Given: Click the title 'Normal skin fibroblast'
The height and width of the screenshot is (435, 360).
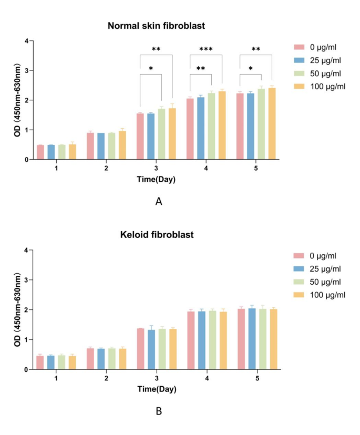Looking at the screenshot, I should click(x=156, y=25).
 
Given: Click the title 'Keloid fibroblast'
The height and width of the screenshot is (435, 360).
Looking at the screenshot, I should click(x=156, y=235).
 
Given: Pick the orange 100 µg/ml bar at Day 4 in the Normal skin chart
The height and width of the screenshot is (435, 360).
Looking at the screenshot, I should click(x=222, y=125).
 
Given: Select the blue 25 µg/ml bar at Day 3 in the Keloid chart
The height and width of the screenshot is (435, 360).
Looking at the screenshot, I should click(x=151, y=350).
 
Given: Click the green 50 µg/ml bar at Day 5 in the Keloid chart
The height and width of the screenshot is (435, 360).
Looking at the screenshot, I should click(x=262, y=339).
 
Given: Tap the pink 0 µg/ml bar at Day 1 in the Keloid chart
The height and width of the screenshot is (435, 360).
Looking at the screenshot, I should click(x=40, y=362).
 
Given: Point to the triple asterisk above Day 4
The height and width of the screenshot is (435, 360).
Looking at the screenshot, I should click(x=205, y=49).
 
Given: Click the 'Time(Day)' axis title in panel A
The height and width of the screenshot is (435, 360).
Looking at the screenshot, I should click(x=156, y=179).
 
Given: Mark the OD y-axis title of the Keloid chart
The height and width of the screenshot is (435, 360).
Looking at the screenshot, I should click(x=17, y=309).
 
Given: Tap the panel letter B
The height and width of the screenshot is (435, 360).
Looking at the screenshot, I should click(x=158, y=411).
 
